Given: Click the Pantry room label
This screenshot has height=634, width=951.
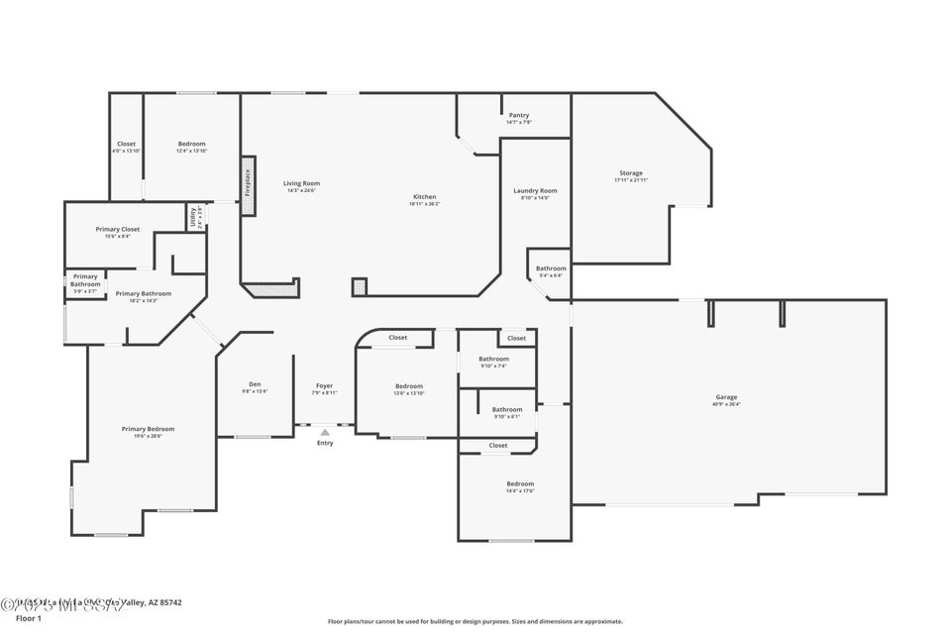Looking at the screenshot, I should (519, 115).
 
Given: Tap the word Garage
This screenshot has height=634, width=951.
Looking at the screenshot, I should (726, 396).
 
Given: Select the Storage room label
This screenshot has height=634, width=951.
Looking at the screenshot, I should (631, 173).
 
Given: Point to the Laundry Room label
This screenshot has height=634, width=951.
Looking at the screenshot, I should (535, 190).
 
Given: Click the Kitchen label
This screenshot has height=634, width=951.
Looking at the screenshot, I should (424, 196).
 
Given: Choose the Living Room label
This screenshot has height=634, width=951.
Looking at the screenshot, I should (301, 183).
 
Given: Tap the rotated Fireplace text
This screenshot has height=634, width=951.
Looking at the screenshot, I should (248, 183).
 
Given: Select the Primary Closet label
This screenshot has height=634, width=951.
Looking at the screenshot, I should (118, 229).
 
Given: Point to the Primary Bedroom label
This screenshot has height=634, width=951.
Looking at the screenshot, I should (148, 429).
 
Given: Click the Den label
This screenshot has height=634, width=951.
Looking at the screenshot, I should (255, 384).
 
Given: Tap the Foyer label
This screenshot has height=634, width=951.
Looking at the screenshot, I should (324, 385).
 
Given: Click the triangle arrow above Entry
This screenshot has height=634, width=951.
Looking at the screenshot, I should (324, 432).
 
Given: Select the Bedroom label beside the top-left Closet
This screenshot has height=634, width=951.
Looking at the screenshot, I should (191, 144).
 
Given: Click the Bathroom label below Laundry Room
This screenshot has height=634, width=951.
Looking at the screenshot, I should (551, 268).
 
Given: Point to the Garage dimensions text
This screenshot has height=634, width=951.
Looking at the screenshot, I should (726, 404).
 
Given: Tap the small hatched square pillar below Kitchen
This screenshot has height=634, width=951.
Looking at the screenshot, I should (360, 286).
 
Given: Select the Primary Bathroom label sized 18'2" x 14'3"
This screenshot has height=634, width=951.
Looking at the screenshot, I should (143, 293).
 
